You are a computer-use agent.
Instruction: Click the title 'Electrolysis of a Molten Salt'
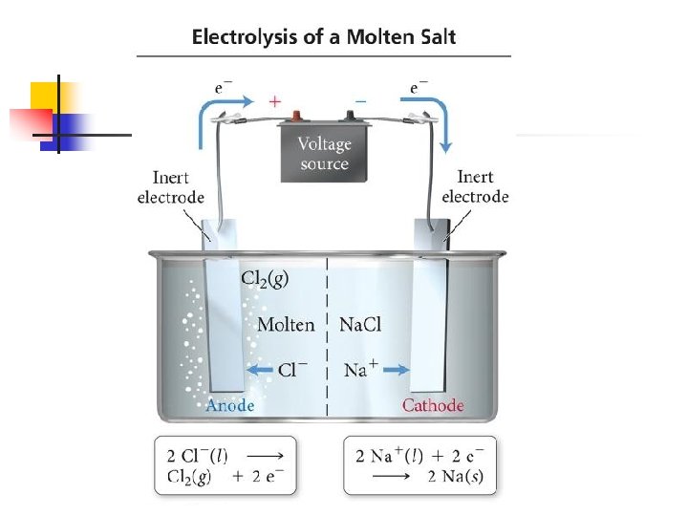[x=324, y=38]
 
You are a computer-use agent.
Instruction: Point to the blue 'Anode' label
[x=230, y=405]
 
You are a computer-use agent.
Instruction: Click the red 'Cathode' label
[x=433, y=405]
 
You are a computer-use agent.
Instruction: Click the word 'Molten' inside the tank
[x=286, y=325]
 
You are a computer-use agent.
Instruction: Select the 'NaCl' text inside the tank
[x=360, y=325]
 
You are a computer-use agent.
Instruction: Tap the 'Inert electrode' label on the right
[x=475, y=187]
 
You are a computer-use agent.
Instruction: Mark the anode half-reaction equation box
[x=226, y=464]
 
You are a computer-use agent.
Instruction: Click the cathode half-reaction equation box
[x=419, y=464]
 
